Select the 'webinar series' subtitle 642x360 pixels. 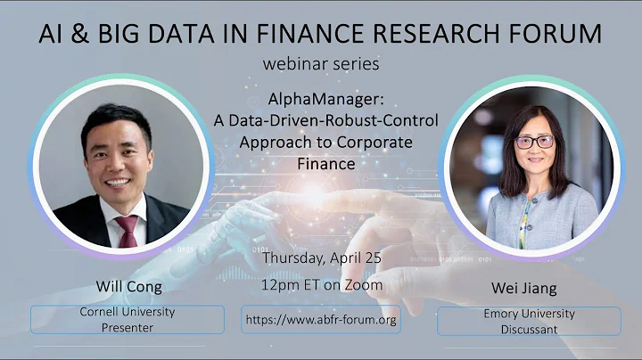pos(321,64)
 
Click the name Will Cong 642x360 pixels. pos(128,287)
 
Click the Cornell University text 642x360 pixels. pos(128,313)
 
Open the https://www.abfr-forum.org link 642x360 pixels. pos(320,319)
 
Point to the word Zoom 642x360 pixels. pos(366,284)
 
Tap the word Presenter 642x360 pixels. pos(128,327)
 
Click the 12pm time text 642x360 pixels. pos(277,285)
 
